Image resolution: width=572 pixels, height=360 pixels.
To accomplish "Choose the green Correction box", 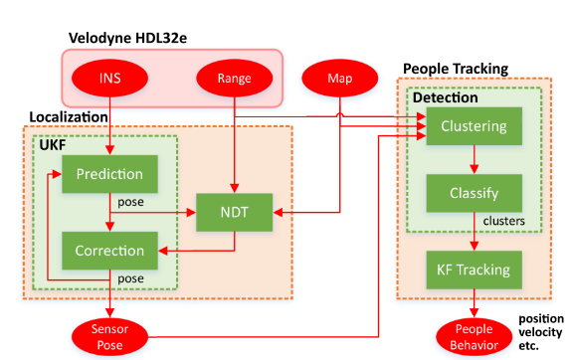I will tap(102, 250).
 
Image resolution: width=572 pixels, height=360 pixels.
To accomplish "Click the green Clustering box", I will tap(473, 126).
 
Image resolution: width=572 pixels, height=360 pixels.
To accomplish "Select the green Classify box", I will tap(473, 193).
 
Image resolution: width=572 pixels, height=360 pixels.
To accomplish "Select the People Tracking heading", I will tap(455, 69).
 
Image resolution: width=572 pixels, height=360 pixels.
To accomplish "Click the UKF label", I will tap(52, 144).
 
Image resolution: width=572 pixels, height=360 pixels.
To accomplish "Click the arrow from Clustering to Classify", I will tap(473, 159).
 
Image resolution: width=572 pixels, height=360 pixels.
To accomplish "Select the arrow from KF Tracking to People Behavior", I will tap(473, 299).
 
